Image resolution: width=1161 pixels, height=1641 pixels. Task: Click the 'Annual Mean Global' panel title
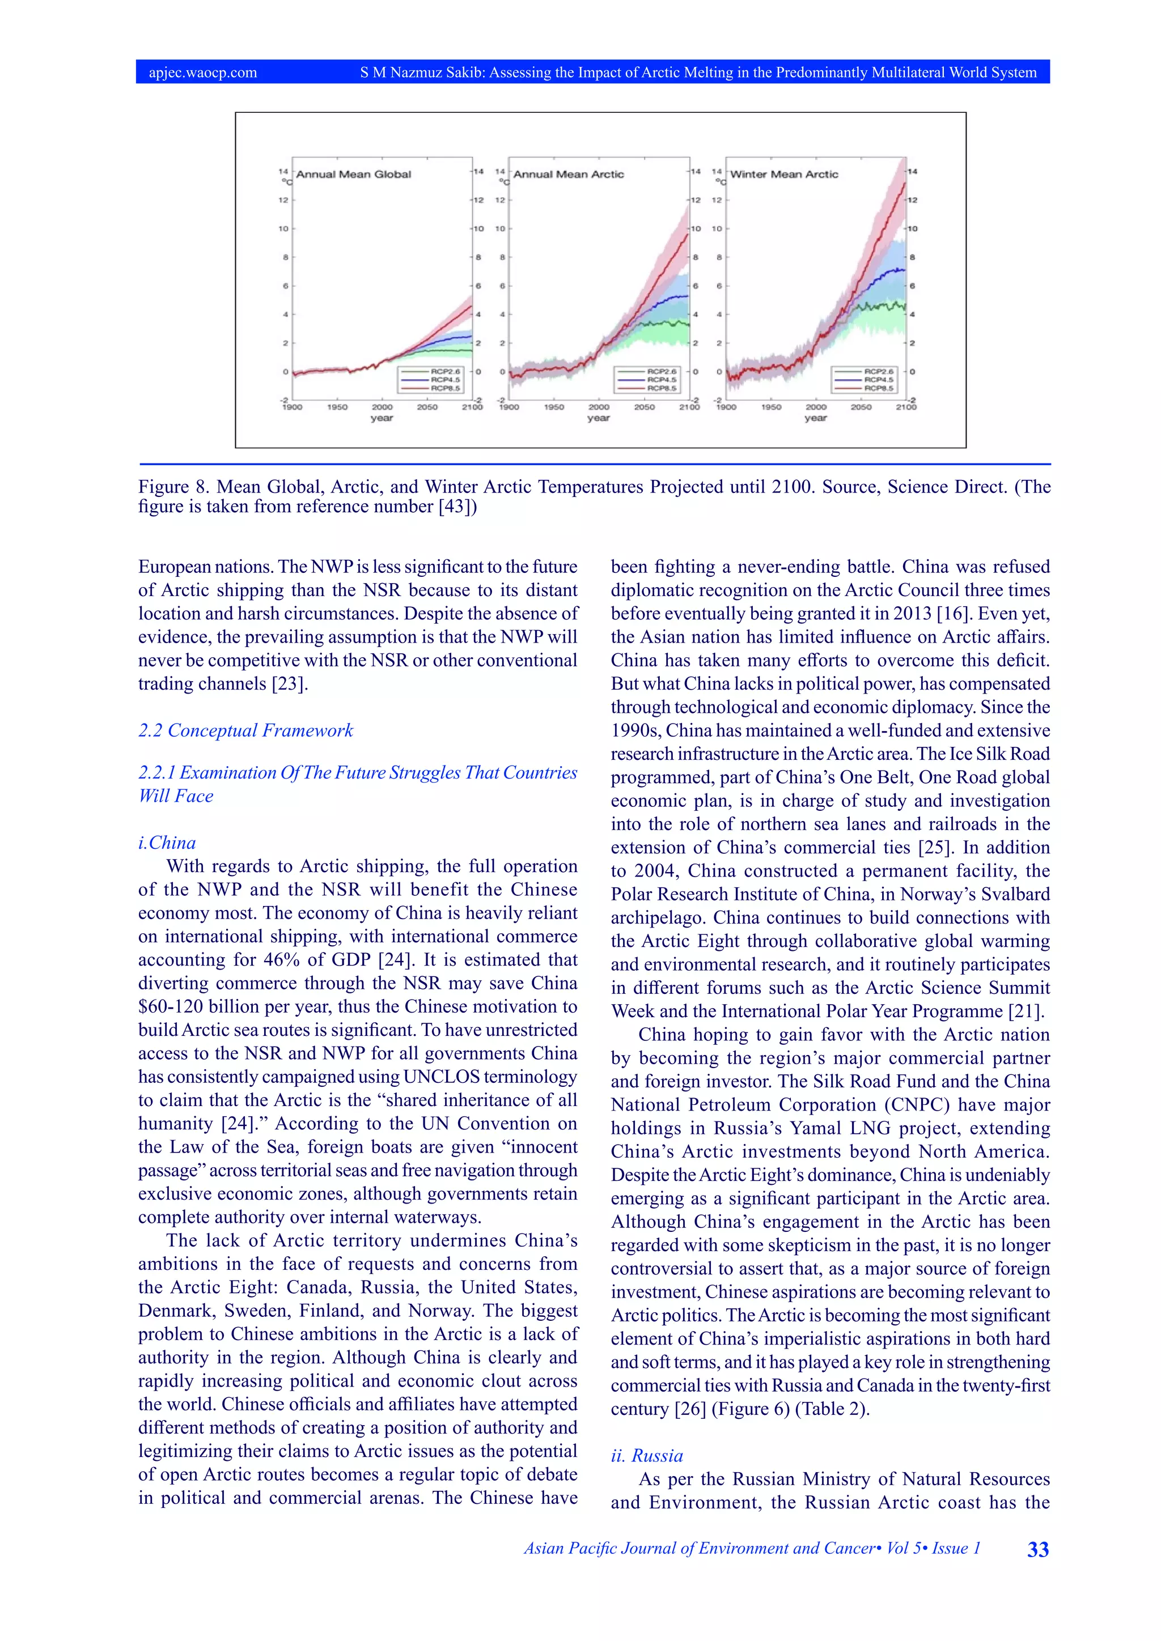[x=353, y=175]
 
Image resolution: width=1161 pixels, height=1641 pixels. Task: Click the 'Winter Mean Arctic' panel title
[x=783, y=175]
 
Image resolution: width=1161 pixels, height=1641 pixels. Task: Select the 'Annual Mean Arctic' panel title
[x=569, y=175]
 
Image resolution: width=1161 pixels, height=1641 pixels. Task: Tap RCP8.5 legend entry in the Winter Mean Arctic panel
[x=878, y=388]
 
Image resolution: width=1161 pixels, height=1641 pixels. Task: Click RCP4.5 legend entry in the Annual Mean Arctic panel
[x=662, y=380]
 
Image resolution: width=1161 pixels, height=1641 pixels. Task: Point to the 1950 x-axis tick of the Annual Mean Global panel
[x=337, y=407]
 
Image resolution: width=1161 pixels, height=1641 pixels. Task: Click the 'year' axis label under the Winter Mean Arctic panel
[x=815, y=418]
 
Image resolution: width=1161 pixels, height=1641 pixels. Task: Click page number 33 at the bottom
[x=1037, y=1550]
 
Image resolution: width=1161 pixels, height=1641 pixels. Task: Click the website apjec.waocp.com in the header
[x=203, y=72]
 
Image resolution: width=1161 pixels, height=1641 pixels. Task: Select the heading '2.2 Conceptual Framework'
[x=245, y=730]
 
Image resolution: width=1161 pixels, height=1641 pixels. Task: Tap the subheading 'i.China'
[x=167, y=843]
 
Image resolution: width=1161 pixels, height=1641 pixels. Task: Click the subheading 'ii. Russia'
[x=646, y=1455]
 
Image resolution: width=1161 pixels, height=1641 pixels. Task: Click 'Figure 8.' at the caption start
[x=172, y=487]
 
